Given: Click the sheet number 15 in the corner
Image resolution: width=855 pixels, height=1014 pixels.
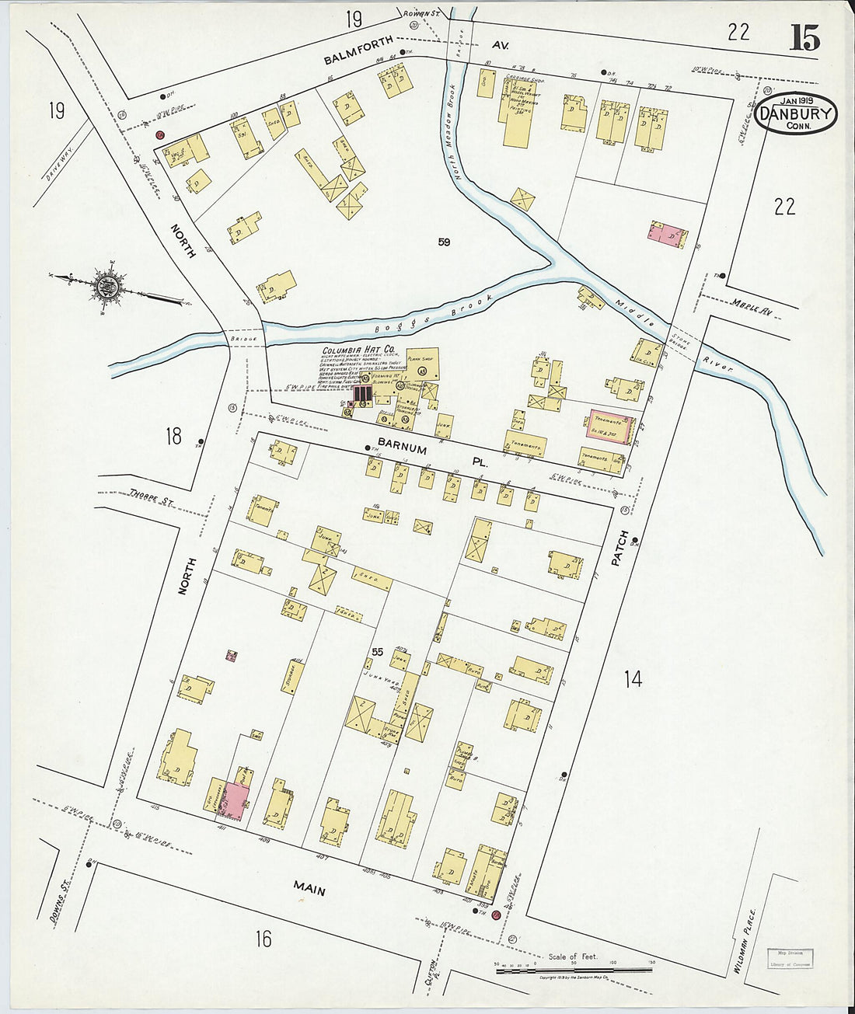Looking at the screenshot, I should (804, 38).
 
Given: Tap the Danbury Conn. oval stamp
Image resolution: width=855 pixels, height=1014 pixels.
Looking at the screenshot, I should (794, 113).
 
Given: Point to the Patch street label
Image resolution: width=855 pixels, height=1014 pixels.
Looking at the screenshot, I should (619, 548).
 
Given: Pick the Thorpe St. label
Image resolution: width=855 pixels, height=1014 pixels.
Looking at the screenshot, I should (151, 499).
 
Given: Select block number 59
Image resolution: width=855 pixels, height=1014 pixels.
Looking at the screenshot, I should (444, 242).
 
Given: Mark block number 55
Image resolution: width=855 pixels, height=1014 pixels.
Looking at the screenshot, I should (379, 651).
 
